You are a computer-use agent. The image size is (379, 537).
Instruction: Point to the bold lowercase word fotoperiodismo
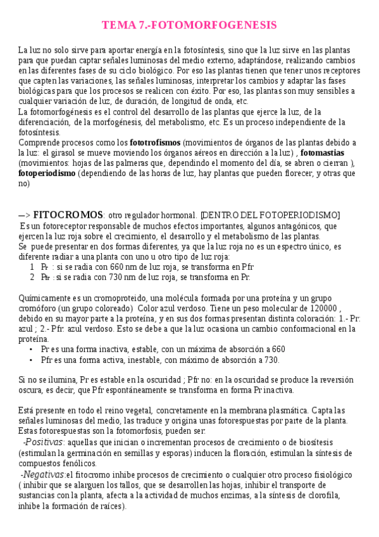(47, 173)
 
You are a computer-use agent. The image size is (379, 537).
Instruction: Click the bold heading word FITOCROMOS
(68, 215)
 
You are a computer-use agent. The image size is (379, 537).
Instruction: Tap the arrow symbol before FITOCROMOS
(24, 215)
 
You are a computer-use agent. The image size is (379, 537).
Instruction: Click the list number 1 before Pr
(32, 267)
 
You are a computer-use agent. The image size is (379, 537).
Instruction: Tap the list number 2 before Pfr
(32, 277)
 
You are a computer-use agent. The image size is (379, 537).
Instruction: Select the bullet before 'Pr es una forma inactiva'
(31, 349)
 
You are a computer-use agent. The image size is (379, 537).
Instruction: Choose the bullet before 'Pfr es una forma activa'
(31, 359)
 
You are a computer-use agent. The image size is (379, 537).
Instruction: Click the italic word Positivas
(44, 442)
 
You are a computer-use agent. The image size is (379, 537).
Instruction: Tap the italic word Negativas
(44, 475)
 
